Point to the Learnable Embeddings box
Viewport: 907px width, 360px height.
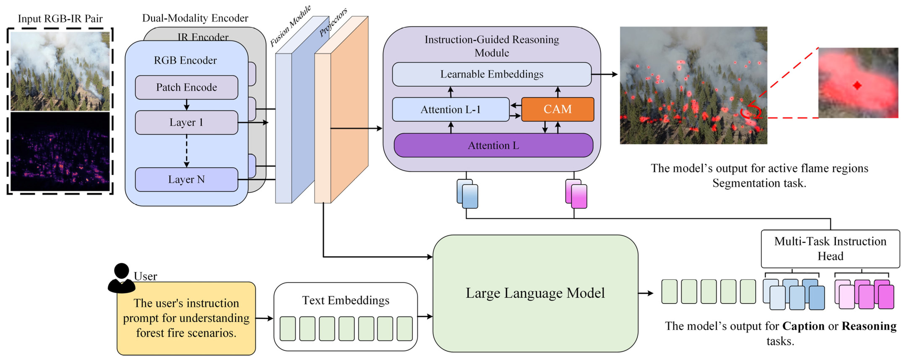point(492,74)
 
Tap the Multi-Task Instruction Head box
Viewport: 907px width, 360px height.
point(830,249)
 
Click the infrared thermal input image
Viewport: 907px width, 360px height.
point(60,151)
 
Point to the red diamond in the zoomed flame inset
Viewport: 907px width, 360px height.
point(857,85)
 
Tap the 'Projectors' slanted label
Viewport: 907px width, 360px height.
point(333,22)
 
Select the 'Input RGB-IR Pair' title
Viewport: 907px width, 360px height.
point(60,19)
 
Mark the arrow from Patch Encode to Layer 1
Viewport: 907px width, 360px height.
point(187,105)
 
